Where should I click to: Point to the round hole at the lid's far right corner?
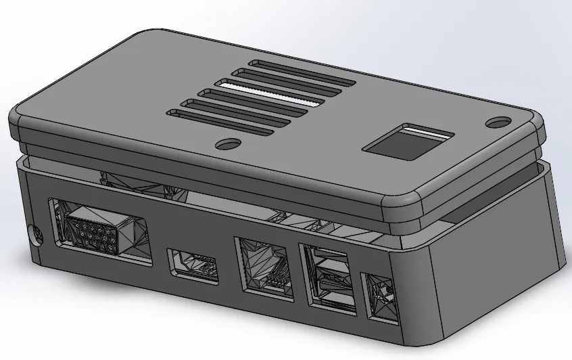pos(500,122)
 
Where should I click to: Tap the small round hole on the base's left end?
pos(35,234)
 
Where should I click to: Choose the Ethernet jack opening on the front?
pos(264,270)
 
